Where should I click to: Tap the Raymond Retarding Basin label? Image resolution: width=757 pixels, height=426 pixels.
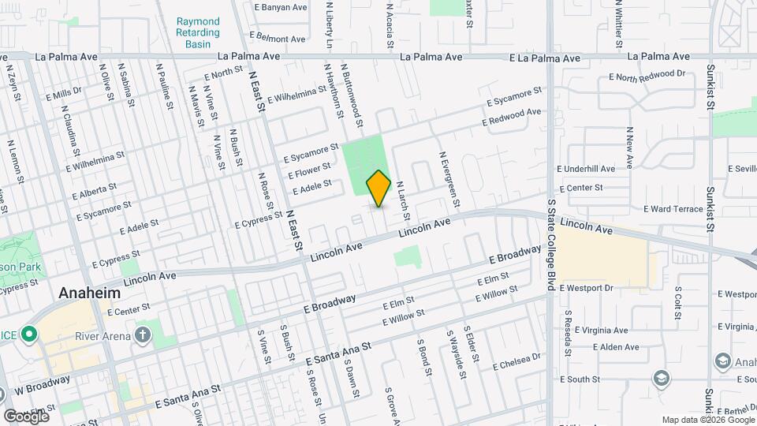pos(199,33)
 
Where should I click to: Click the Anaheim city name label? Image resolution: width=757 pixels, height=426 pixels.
pos(90,293)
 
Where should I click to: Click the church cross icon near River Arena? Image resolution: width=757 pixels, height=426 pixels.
pos(143,335)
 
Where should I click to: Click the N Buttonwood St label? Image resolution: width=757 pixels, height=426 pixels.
pos(352,95)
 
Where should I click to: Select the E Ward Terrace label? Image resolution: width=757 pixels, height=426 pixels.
pos(673,209)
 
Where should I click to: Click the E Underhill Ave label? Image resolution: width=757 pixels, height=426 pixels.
pos(585,169)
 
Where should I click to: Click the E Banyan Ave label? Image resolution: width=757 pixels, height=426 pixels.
pos(281,7)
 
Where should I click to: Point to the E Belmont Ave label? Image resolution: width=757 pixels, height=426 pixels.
pos(277,37)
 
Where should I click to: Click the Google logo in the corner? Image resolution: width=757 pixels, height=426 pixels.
pos(26,416)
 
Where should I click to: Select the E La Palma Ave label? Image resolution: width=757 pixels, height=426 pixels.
pos(545,58)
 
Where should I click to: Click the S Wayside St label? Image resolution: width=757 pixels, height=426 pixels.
pos(453,346)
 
